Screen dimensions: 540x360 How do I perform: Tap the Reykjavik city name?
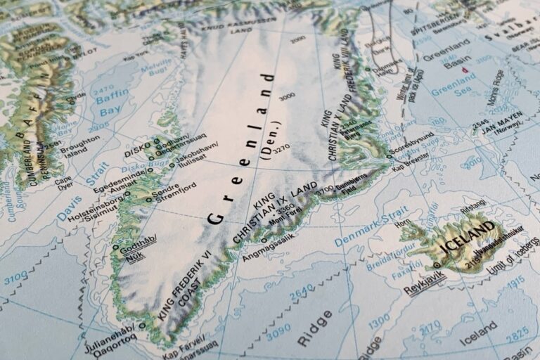pos(425,283)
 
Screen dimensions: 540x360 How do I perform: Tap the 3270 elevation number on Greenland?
pos(281,149)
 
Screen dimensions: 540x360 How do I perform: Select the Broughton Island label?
pos(79,146)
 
